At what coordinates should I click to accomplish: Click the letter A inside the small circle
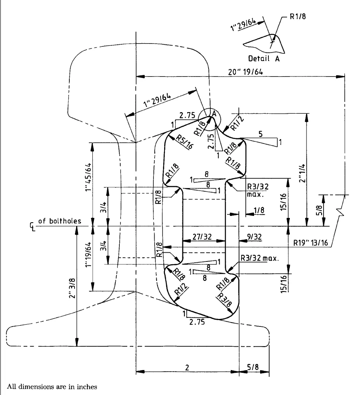(213, 114)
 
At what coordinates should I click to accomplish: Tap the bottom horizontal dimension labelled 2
(186, 367)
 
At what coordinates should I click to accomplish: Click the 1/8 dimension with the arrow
(259, 210)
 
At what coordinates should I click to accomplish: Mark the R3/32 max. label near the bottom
(260, 258)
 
